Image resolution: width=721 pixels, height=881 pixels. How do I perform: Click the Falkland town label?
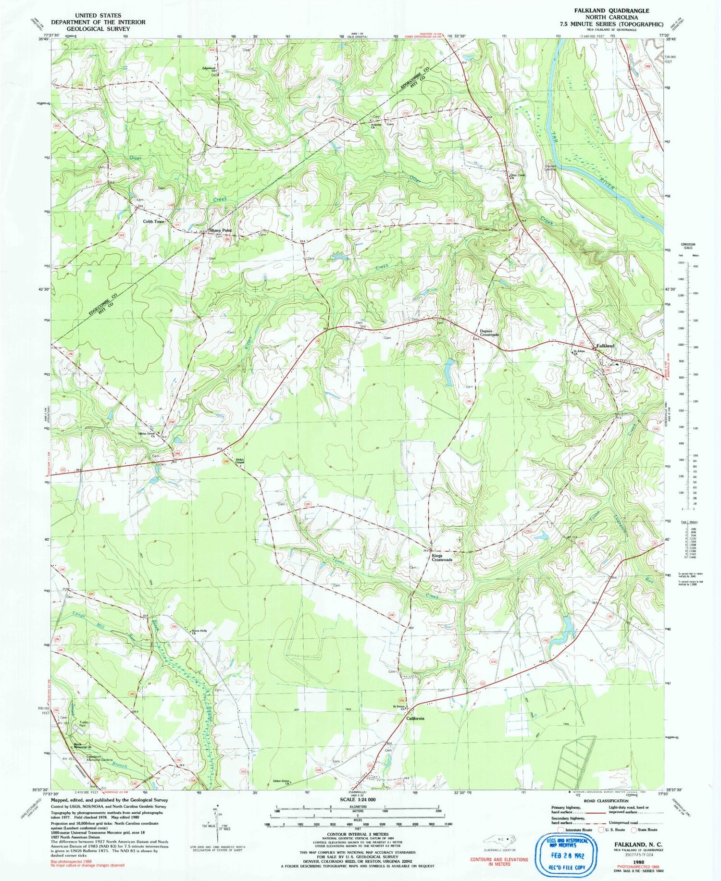(x=605, y=346)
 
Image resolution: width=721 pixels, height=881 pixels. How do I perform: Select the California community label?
(x=415, y=718)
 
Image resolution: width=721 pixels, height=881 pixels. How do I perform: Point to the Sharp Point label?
(x=220, y=230)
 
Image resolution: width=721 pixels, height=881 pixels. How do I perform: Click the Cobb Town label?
(x=153, y=222)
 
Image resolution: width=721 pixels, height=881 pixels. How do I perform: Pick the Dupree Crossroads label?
(x=489, y=333)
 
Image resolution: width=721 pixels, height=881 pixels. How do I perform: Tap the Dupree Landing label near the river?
(x=550, y=168)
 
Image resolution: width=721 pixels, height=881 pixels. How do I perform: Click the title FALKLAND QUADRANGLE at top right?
(x=611, y=11)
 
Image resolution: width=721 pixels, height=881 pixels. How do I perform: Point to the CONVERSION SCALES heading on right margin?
(x=688, y=246)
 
